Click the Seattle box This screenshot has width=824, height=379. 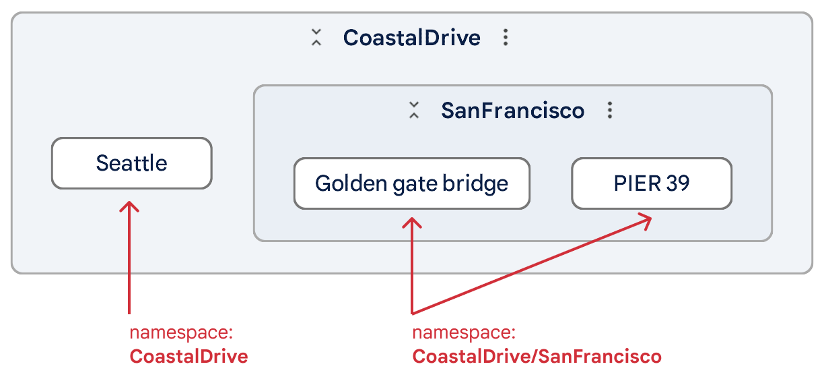131,163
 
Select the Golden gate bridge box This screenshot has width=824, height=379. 411,183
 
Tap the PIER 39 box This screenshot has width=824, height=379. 651,183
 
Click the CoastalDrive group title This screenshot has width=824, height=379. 411,37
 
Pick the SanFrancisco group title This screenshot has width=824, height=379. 512,110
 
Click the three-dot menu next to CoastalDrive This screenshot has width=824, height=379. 506,37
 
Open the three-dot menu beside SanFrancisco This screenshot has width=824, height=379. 609,110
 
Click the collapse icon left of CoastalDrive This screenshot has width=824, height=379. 316,37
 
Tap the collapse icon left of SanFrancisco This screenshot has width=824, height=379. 414,110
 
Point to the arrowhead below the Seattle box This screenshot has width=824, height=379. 129,206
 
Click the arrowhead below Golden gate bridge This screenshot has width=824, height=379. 411,222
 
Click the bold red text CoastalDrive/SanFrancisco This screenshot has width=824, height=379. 537,356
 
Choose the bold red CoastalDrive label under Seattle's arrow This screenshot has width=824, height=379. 188,356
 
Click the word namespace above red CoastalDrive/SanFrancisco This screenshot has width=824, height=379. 463,333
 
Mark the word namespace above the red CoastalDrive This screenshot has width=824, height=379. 180,333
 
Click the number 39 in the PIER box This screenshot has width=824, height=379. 677,183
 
